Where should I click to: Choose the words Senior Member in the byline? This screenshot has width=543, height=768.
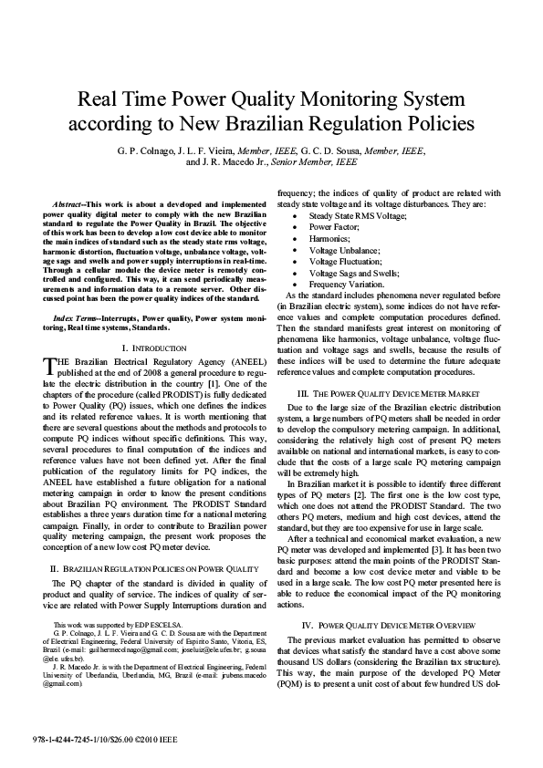tap(327, 161)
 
